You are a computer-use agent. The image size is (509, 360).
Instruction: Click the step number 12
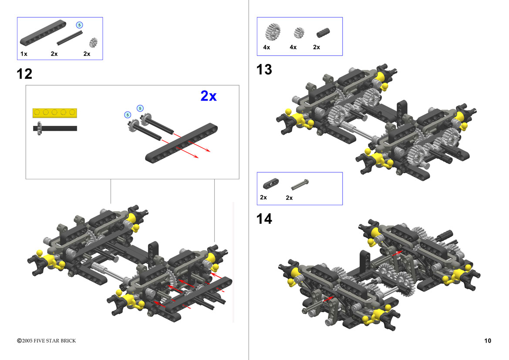pos(24,74)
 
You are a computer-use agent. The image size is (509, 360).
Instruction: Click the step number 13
pos(264,70)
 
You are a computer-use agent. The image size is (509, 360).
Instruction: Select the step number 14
pos(264,219)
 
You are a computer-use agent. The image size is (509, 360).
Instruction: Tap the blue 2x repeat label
pos(209,96)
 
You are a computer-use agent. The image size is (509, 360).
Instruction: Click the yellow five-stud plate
pos(54,113)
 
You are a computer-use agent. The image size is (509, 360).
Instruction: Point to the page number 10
pos(488,340)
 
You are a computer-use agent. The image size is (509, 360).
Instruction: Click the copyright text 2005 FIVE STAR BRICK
pos(47,340)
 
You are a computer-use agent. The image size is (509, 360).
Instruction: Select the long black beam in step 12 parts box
pos(43,33)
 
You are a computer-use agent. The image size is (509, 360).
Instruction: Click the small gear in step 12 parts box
pos(94,42)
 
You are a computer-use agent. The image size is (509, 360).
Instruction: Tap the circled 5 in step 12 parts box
pos(79,25)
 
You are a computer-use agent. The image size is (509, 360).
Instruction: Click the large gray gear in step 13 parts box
pos(273,31)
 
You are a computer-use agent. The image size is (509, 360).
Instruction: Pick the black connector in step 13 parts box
pos(323,33)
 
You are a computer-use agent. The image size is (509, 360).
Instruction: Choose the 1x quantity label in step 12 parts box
pos(24,54)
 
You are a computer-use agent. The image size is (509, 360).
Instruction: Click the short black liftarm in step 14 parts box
pos(271,184)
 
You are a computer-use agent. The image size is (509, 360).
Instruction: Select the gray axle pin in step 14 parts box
pos(300,185)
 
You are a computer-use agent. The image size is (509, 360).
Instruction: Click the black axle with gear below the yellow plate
pos(55,128)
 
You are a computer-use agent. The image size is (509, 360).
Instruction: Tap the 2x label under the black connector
pos(317,47)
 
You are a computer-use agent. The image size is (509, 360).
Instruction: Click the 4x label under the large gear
pos(266,47)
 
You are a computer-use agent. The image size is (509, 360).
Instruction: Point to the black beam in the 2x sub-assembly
pos(182,143)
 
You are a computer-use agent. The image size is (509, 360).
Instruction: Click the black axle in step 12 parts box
pos(70,38)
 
